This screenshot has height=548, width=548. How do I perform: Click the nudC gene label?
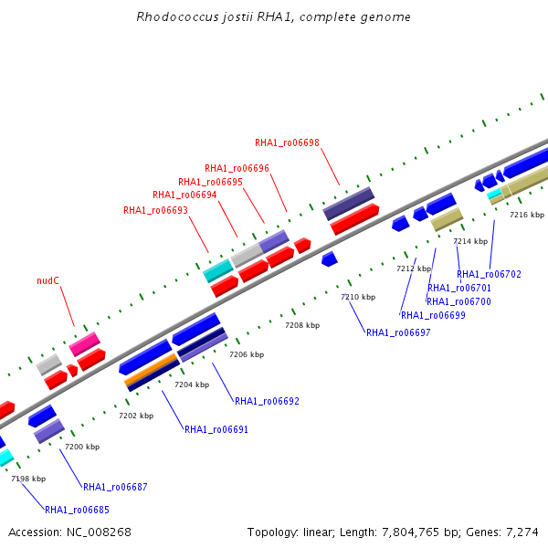[x=47, y=280]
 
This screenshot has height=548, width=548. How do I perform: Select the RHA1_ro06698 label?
[x=287, y=143]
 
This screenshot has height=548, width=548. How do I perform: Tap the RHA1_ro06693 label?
[x=155, y=210]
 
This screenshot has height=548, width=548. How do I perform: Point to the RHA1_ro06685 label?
[x=78, y=510]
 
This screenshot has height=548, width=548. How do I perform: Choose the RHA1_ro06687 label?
[x=115, y=487]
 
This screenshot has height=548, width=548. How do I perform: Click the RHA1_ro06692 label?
[x=267, y=401]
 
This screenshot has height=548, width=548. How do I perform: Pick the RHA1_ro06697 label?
[x=398, y=332]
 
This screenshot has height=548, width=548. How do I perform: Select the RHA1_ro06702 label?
[x=489, y=274]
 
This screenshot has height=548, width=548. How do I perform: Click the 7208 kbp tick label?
[x=302, y=325]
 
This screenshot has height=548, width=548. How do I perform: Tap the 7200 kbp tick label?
[x=82, y=447]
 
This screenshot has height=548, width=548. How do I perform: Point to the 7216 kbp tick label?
[x=527, y=215]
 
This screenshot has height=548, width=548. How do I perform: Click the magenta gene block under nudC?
[x=85, y=344]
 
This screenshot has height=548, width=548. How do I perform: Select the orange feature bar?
[x=151, y=369]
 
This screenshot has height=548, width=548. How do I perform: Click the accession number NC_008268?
[x=99, y=532]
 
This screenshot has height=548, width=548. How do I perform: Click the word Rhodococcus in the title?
[x=177, y=16]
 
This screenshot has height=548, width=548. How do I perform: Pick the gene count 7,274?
[x=522, y=532]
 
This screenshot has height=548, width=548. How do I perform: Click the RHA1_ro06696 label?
[x=237, y=168]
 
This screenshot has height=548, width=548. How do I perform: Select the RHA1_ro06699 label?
[x=433, y=316]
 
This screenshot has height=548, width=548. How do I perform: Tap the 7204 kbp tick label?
[x=192, y=385]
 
